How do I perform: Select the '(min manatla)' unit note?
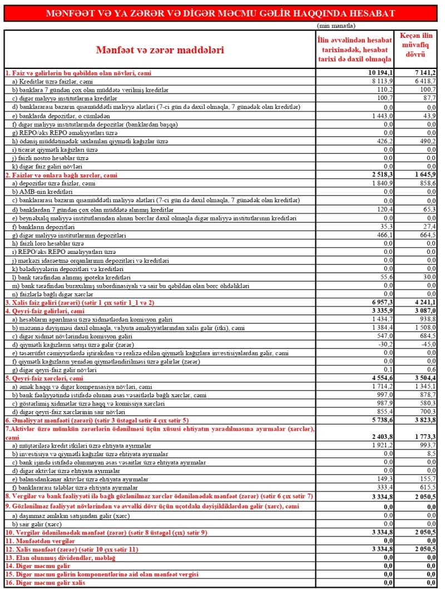(337, 26)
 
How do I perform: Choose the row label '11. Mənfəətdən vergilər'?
(42, 540)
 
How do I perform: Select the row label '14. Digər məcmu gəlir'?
(39, 566)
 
